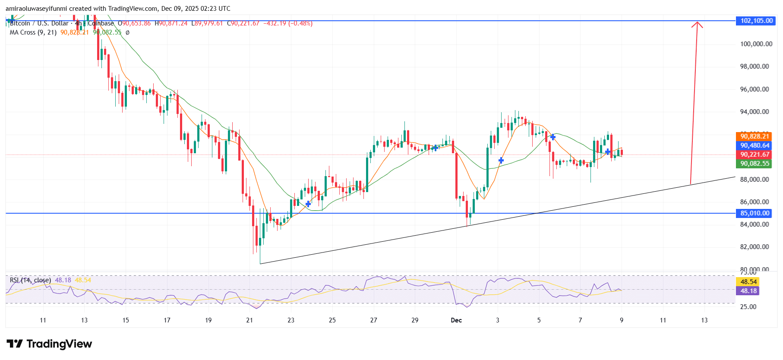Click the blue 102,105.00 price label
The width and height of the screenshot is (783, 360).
pyautogui.click(x=756, y=21)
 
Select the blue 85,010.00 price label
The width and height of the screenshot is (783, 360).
pyautogui.click(x=756, y=213)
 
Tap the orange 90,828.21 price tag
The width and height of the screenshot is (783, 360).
pyautogui.click(x=755, y=136)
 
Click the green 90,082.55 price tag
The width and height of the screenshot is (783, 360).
pyautogui.click(x=755, y=164)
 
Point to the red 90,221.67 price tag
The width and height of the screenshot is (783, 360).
pyautogui.click(x=755, y=155)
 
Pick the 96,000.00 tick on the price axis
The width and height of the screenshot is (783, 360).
pyautogui.click(x=754, y=89)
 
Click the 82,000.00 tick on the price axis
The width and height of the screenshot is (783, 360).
pyautogui.click(x=754, y=247)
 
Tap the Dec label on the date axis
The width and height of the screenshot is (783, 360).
pyautogui.click(x=456, y=320)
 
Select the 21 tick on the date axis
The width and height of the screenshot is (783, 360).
pyautogui.click(x=249, y=320)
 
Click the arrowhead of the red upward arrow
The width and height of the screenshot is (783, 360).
pyautogui.click(x=697, y=24)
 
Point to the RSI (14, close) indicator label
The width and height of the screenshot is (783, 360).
pyautogui.click(x=30, y=280)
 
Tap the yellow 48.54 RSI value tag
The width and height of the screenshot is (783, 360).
pyautogui.click(x=748, y=282)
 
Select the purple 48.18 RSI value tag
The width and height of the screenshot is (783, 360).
pyautogui.click(x=748, y=291)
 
